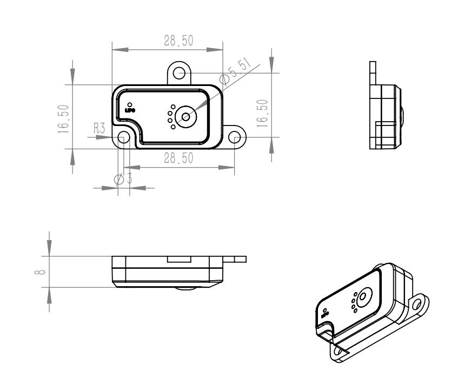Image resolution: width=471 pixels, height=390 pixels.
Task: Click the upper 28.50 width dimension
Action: click(178, 41)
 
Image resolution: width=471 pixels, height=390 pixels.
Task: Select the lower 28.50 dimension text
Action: click(178, 158)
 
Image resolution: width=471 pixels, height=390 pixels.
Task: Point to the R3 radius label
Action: click(99, 128)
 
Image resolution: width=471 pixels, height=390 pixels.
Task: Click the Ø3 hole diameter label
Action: click(123, 179)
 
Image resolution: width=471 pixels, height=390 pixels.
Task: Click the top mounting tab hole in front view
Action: click(179, 72)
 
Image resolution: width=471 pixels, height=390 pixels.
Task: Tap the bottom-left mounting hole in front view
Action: click(124, 137)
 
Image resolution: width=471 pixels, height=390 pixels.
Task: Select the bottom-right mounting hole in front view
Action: click(234, 137)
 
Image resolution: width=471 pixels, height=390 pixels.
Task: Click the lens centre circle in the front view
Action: click(186, 116)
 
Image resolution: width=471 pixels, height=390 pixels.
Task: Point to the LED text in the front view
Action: click(129, 110)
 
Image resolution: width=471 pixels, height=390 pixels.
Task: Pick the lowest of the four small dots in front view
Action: click(173, 127)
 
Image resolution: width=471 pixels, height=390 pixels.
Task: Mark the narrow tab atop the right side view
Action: click(372, 72)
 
